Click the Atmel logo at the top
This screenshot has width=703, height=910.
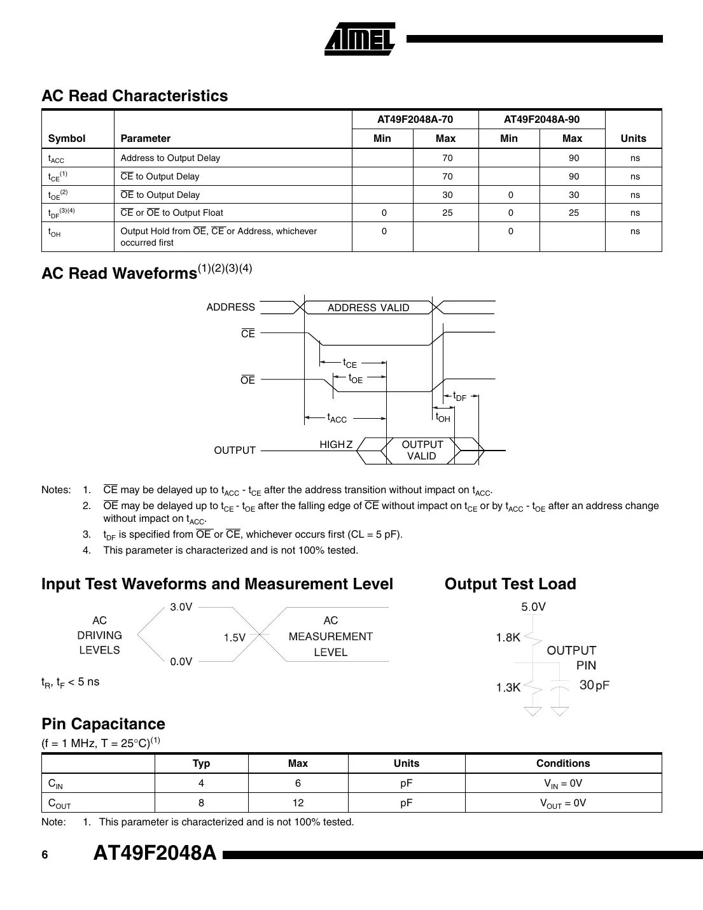tap(360, 39)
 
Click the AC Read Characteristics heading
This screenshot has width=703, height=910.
tap(134, 96)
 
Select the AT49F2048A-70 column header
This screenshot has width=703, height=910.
tap(415, 120)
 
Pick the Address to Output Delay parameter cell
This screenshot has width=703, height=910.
tap(170, 158)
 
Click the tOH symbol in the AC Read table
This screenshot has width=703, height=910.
tap(55, 233)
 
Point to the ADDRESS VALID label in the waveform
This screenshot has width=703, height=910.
tap(368, 308)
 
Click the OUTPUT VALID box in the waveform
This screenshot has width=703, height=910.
tap(422, 450)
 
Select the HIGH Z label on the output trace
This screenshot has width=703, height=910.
tap(335, 444)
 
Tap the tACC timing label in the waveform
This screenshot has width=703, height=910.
tap(337, 418)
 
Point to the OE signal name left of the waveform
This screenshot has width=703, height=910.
tap(247, 381)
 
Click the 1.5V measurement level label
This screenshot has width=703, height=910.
tap(234, 638)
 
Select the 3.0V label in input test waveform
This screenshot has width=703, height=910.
tap(181, 607)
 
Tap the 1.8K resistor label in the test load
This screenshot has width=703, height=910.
tap(508, 638)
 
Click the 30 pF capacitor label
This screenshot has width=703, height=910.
tap(594, 685)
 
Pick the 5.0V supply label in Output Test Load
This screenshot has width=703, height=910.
tap(533, 606)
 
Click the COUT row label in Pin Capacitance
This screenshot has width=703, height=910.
tap(59, 803)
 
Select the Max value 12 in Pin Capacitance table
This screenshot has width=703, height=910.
tap(298, 803)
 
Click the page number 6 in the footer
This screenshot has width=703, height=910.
tap(45, 855)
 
